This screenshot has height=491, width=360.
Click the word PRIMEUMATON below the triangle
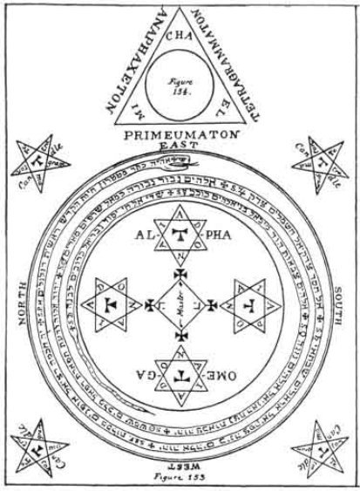tap(179, 137)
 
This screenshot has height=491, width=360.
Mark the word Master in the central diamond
tap(180, 305)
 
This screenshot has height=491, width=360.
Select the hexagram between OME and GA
tap(180, 375)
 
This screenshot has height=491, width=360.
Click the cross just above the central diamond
tap(180, 273)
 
